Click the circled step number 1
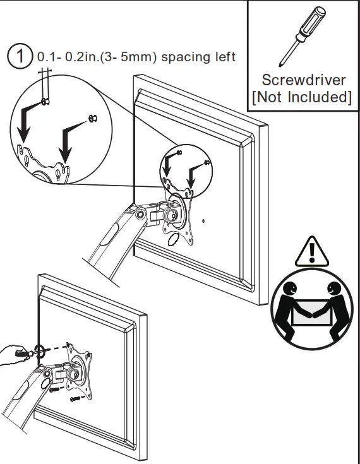(x=20, y=57)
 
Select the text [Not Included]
(x=303, y=98)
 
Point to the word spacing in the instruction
(x=183, y=57)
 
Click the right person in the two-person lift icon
(x=335, y=306)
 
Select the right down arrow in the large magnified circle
(x=68, y=139)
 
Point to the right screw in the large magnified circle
(x=92, y=117)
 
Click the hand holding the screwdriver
(x=14, y=357)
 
